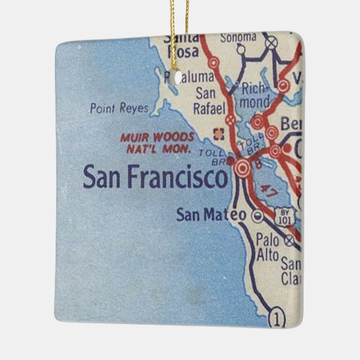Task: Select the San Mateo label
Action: click(210, 215)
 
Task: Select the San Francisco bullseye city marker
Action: click(242, 167)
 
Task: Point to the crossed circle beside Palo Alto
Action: click(290, 239)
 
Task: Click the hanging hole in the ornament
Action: click(183, 77)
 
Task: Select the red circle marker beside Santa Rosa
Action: click(214, 62)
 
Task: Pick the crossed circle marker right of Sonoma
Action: click(272, 43)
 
